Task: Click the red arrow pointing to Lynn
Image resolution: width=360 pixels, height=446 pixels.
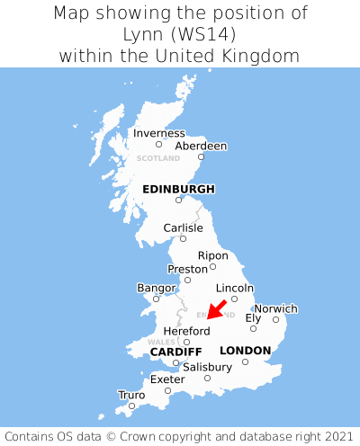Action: [217, 308]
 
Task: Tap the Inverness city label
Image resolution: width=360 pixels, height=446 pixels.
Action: [158, 133]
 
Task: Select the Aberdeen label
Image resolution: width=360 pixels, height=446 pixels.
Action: [201, 146]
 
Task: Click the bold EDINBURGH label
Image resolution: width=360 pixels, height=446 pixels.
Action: [178, 189]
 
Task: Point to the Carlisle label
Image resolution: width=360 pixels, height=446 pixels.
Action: [183, 227]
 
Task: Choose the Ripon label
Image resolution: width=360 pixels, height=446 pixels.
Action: [212, 255]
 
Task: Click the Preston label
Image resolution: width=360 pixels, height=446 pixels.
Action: [187, 269]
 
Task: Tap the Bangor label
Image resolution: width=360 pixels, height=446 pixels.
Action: [156, 288]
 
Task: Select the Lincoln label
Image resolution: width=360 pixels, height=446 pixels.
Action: [235, 288]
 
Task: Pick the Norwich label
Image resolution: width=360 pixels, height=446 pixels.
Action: [275, 308]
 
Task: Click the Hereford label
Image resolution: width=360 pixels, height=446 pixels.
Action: [186, 331]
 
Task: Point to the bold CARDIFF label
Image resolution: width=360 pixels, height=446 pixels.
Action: [175, 351]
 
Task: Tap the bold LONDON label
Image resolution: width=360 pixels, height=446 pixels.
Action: [245, 350]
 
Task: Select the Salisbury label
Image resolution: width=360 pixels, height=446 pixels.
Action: [207, 367]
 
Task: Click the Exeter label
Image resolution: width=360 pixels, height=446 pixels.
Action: [167, 379]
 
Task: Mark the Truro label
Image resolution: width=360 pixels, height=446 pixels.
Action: [131, 395]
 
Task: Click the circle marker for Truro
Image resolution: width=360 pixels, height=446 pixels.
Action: [131, 406]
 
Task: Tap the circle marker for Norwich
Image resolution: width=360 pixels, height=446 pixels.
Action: [275, 319]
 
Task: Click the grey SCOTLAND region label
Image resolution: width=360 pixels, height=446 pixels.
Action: [158, 158]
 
